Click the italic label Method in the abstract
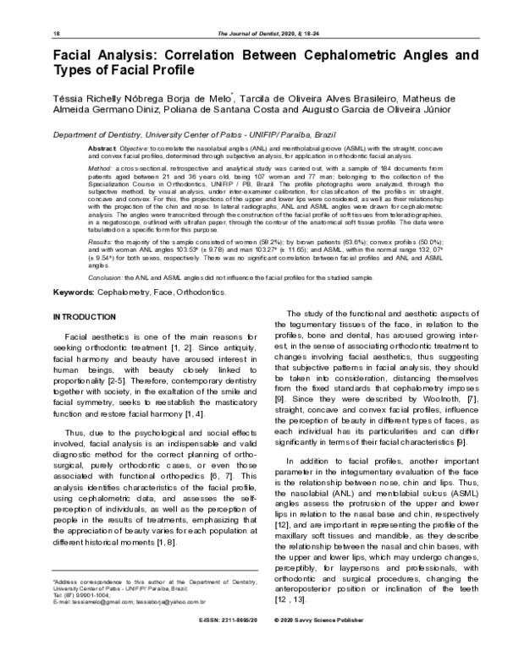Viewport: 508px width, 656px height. coord(100,169)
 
